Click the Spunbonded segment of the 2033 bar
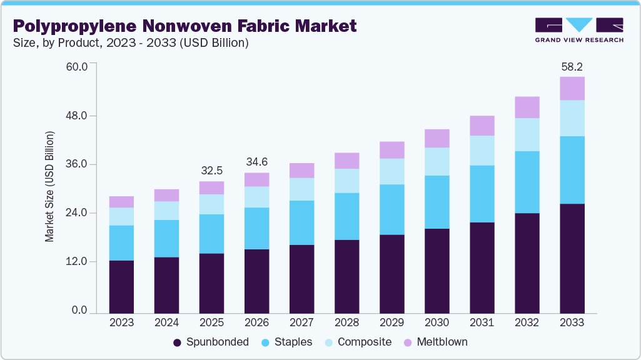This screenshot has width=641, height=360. pos(572,258)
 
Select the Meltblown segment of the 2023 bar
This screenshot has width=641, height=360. pos(121,202)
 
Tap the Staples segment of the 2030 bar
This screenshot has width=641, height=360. pos(437,202)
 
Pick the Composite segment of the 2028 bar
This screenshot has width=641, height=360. pos(346,181)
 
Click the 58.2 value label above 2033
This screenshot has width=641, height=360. pos(572,66)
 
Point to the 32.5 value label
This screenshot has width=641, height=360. pos(211,171)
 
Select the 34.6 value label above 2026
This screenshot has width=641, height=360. pos(256,162)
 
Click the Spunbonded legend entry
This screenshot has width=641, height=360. pos(211,342)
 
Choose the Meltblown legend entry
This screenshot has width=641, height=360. pos(435,342)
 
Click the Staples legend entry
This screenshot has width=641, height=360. pos(288,342)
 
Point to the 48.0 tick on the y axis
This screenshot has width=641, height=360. pos(78,116)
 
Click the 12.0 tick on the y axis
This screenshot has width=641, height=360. pos(78,262)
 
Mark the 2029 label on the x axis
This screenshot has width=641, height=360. pos(391,322)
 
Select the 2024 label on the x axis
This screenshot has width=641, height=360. pos(166,322)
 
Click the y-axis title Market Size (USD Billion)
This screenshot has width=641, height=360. pos(49,187)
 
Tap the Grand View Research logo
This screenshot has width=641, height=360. pos(578,30)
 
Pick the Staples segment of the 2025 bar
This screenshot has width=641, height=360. pos(211,234)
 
